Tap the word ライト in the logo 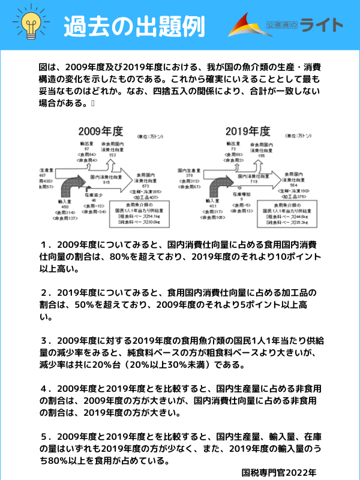(x=322, y=25)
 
